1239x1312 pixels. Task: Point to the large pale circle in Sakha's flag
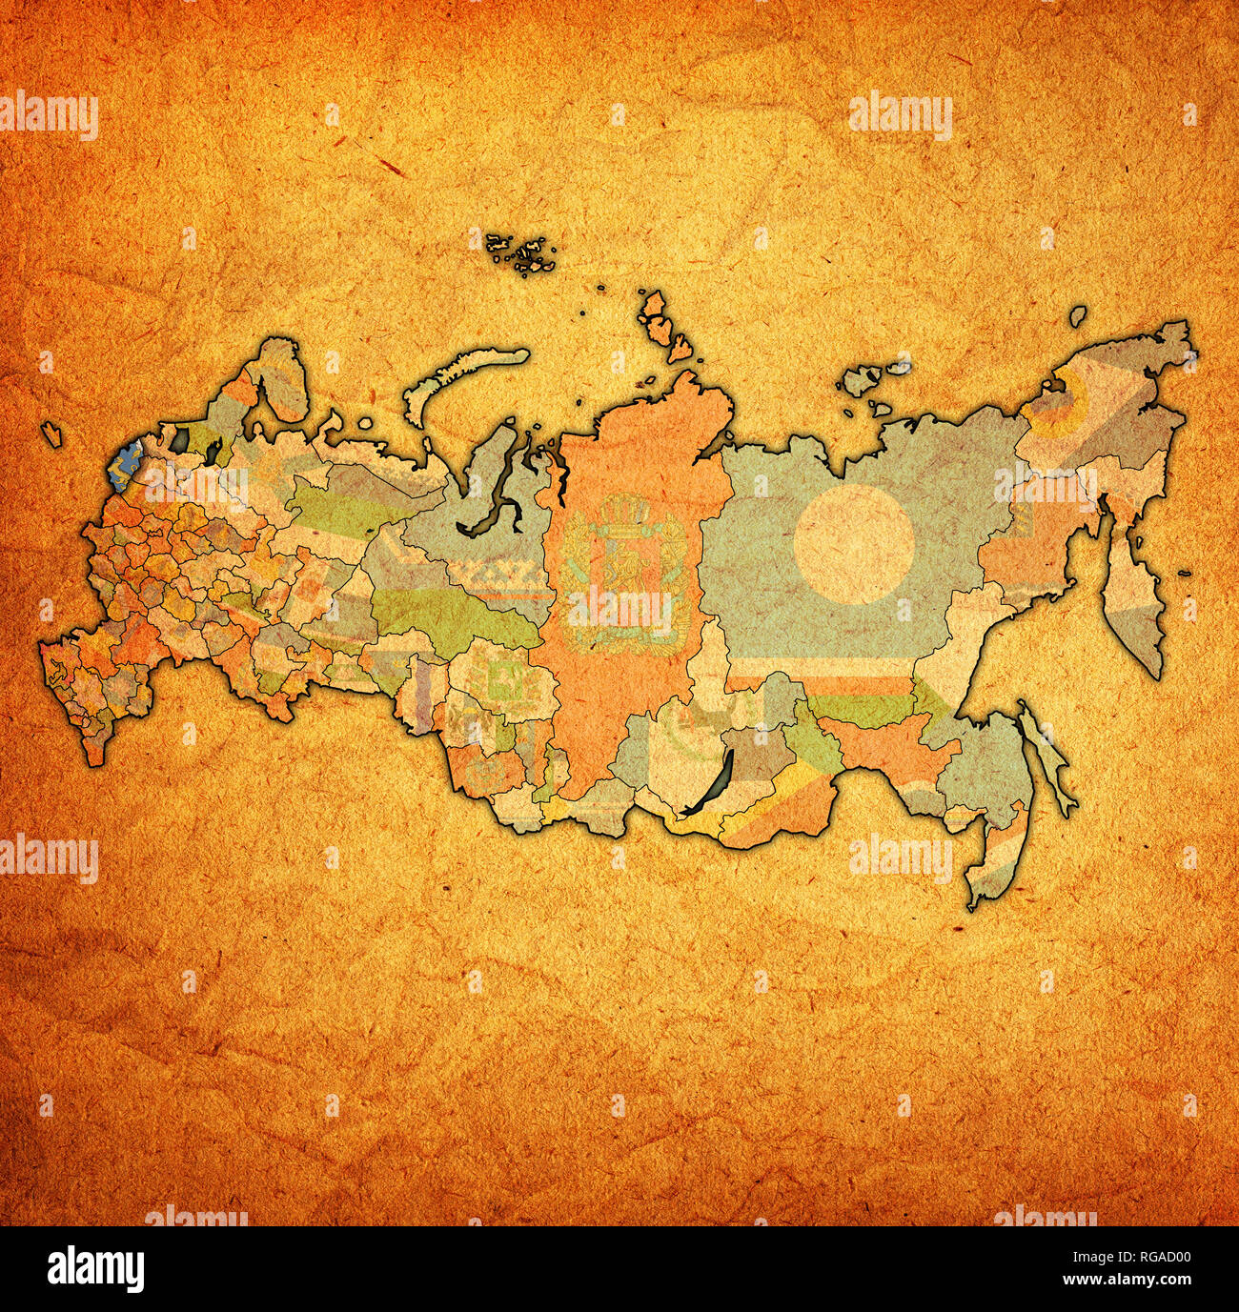854,544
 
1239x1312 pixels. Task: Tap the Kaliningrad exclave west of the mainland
51,434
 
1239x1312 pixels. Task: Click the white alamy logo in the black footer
96,1268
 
